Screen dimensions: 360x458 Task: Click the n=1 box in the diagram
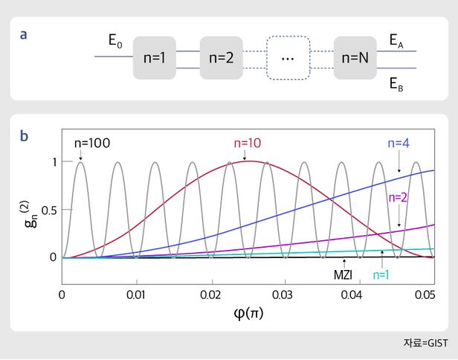point(155,57)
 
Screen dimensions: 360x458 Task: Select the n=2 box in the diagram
point(222,57)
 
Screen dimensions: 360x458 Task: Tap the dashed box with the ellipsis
point(288,57)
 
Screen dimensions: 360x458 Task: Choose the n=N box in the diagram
point(355,57)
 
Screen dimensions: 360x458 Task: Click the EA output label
point(398,41)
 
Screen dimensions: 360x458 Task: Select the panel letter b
point(25,135)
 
